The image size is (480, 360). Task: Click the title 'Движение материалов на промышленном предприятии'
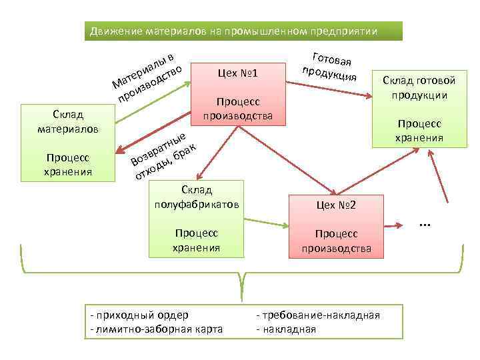tap(234, 31)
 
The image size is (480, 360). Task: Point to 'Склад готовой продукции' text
tap(419, 87)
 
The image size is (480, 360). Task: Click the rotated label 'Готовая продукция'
tap(329, 67)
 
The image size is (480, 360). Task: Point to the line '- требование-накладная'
tap(318, 315)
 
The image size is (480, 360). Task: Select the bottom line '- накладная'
tap(287, 329)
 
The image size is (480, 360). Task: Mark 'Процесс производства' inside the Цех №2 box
tap(337, 241)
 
